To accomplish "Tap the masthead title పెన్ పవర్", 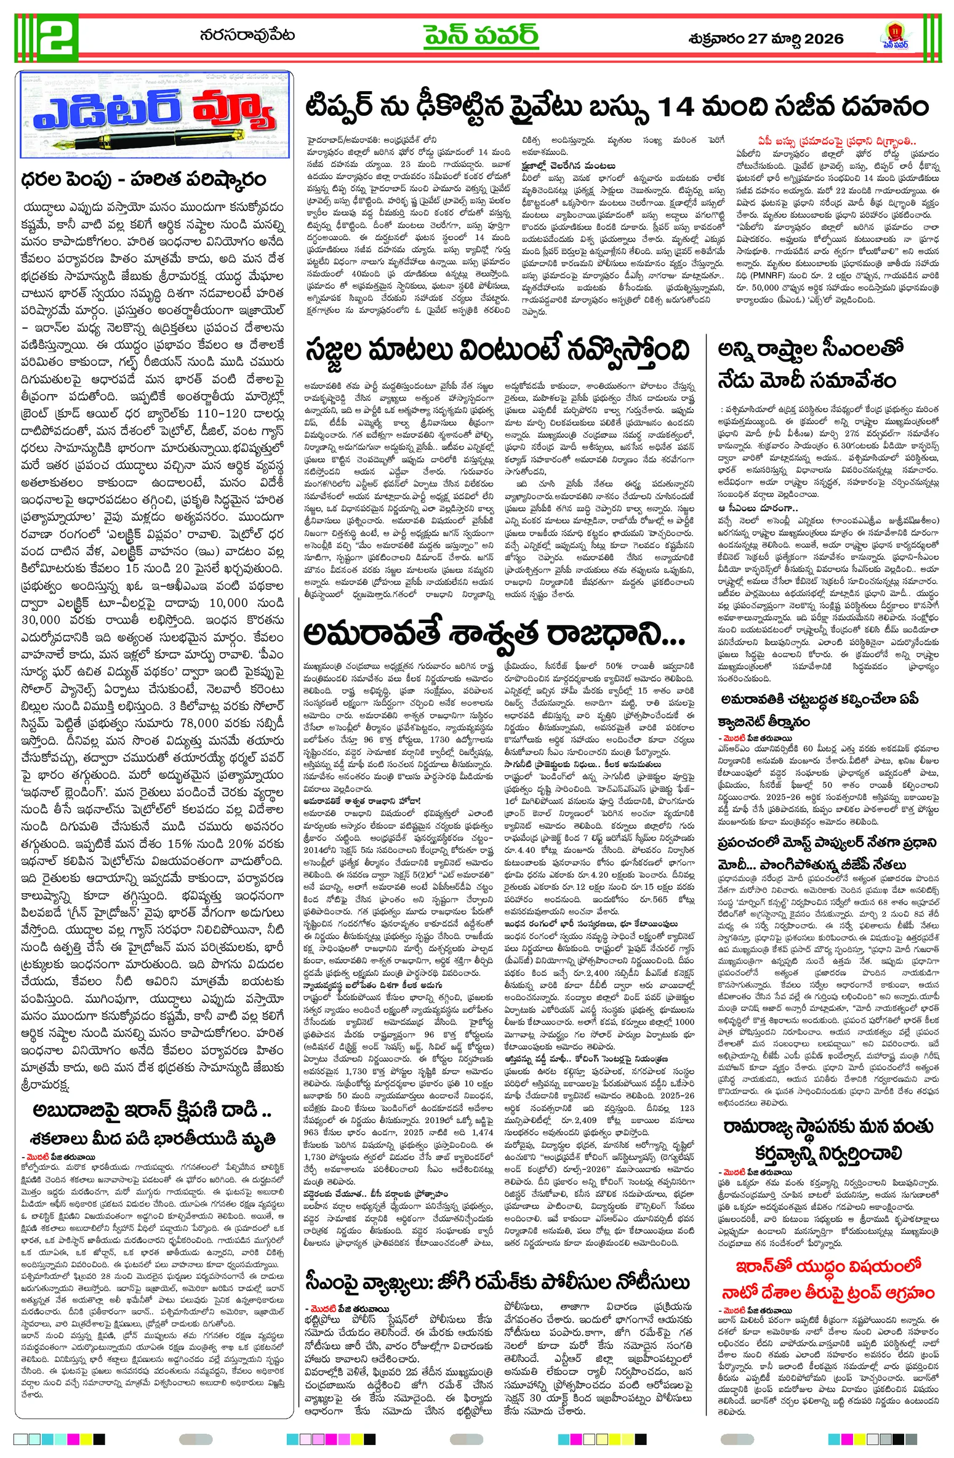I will click(x=481, y=36).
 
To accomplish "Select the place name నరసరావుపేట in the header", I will click(x=247, y=36).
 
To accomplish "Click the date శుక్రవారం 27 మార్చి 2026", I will click(x=766, y=38).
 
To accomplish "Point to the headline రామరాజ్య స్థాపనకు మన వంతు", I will click(x=828, y=1127).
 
